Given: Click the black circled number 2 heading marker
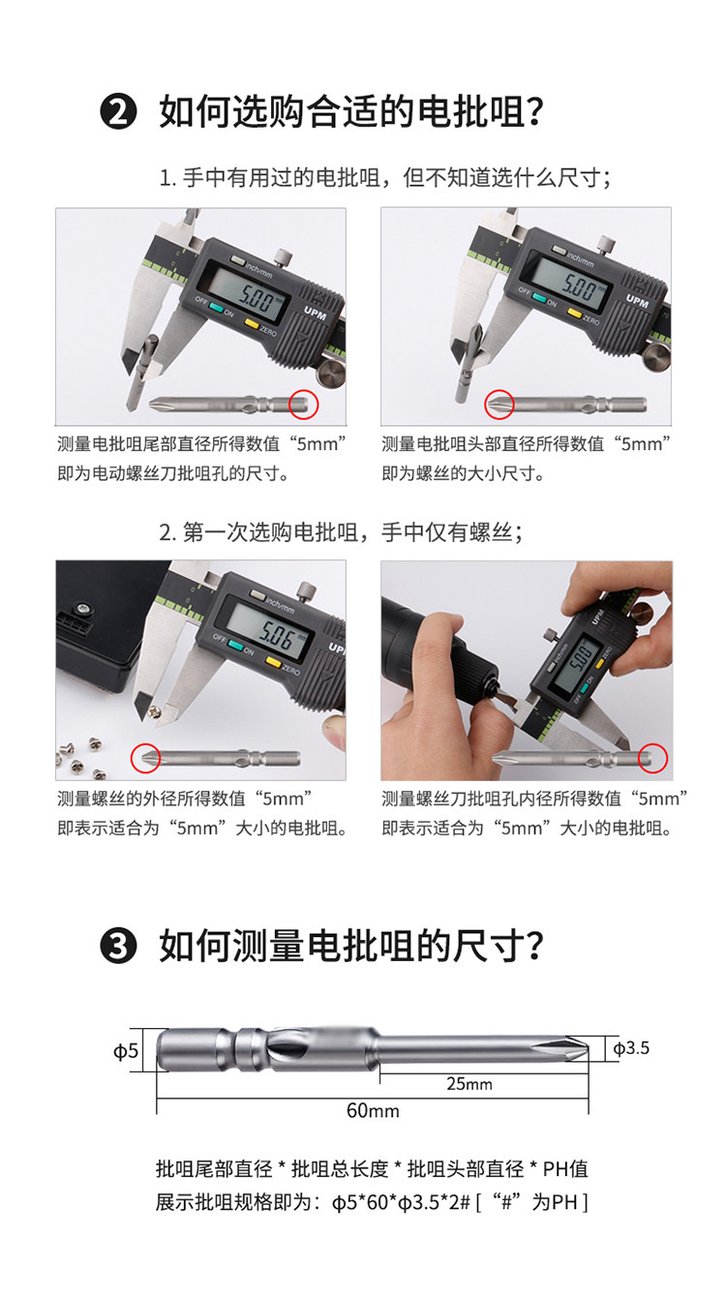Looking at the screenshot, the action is click(118, 111).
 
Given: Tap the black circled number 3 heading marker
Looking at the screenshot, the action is click(118, 947).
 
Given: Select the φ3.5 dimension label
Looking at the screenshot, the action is click(631, 1047).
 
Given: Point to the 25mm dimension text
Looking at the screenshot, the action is click(469, 1083).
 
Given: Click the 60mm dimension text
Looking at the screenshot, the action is click(373, 1111).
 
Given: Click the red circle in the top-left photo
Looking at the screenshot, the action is click(304, 404).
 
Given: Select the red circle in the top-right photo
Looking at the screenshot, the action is click(499, 404).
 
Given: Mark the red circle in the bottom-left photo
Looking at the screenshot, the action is click(145, 759).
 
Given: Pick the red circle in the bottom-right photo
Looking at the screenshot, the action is click(653, 758).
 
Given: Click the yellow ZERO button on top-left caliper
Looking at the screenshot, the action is click(252, 324).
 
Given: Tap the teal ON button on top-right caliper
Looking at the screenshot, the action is click(539, 297).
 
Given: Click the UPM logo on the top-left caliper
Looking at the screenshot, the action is click(316, 313).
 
